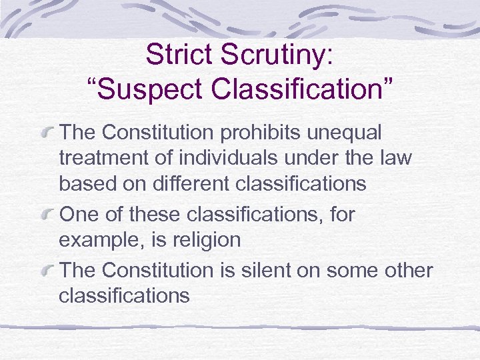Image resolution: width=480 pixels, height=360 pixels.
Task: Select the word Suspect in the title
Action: tap(147, 88)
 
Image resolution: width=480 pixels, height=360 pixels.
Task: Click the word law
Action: tap(397, 158)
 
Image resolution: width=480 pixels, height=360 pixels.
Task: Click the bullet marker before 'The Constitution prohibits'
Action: tap(48, 133)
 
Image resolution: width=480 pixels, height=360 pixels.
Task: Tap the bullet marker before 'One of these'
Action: tap(48, 215)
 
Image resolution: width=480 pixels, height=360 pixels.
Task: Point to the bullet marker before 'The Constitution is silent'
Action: tap(48, 271)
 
